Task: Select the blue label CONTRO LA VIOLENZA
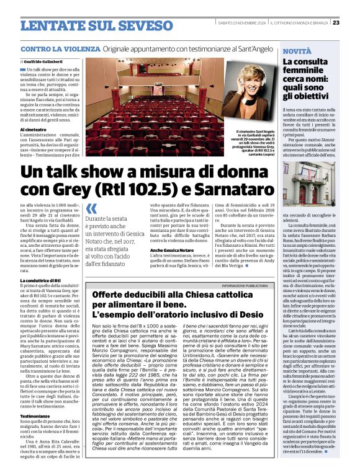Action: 60,49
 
